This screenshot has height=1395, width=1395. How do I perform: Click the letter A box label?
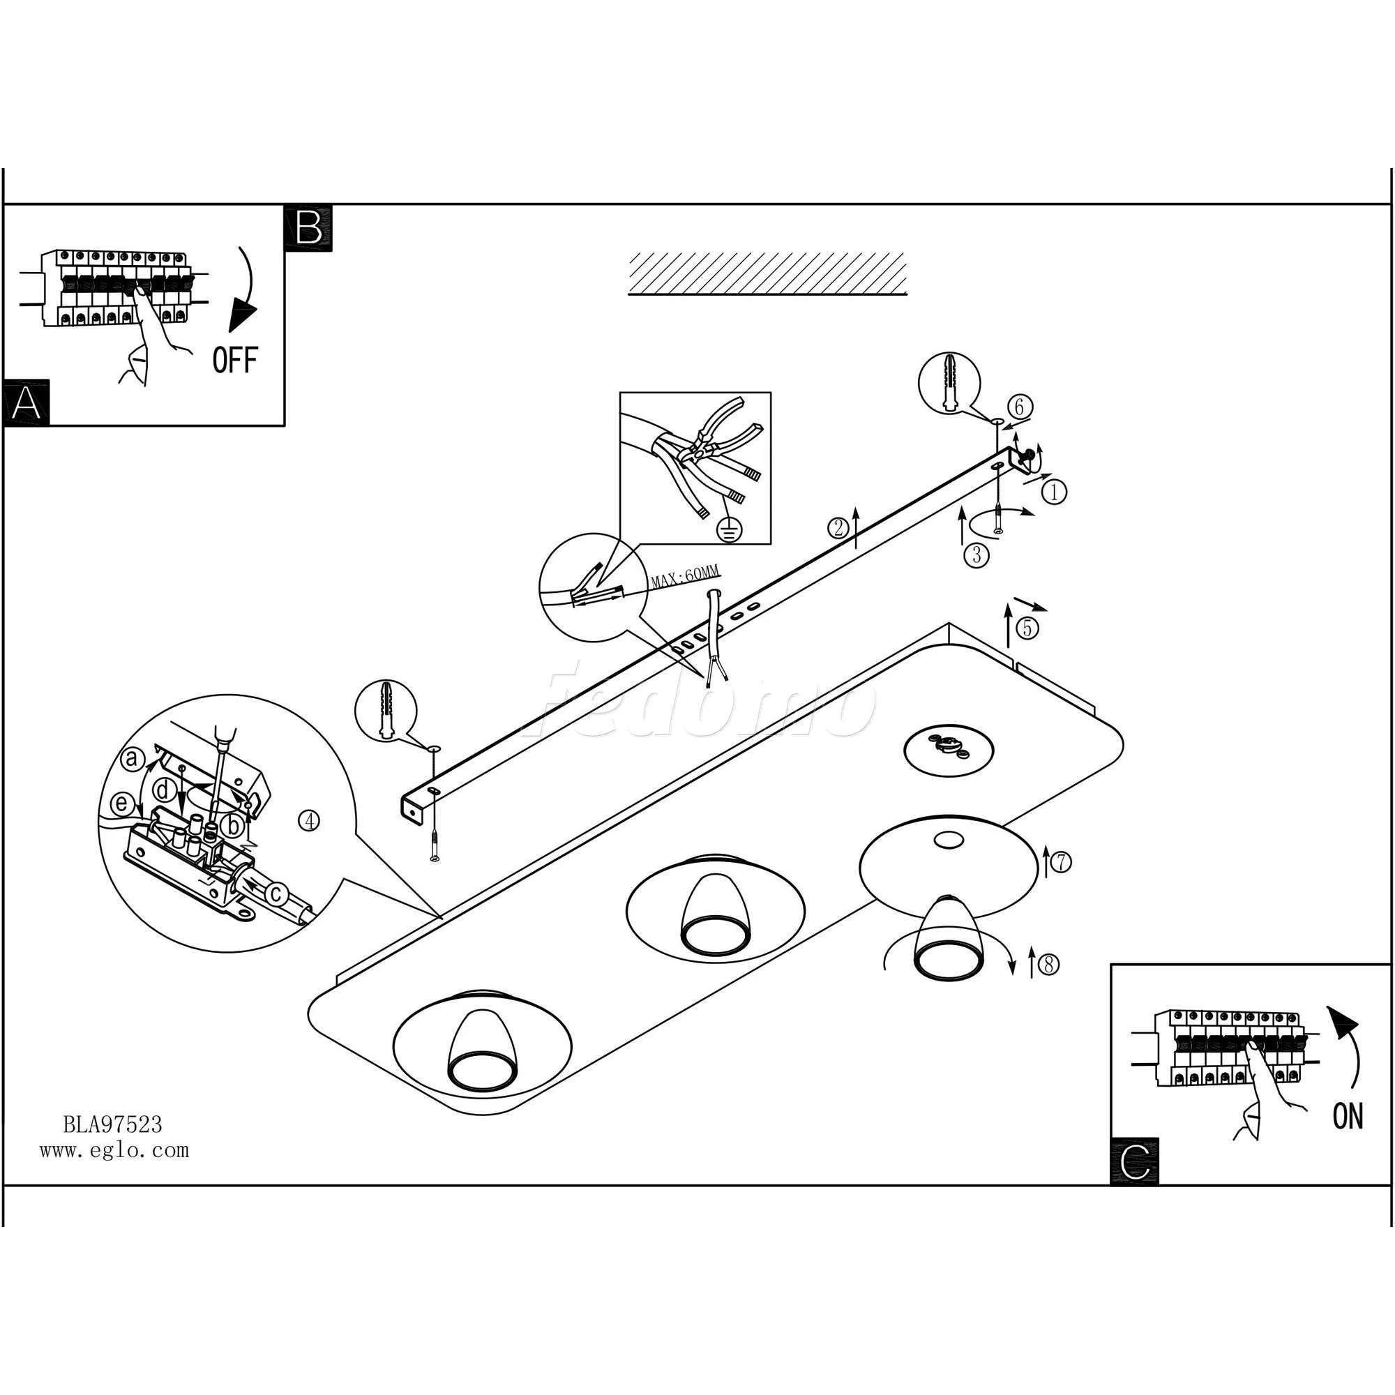click(27, 403)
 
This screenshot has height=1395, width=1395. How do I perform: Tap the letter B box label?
click(309, 227)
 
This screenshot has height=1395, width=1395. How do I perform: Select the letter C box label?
click(1134, 1161)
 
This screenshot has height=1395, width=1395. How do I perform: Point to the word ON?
click(1348, 1115)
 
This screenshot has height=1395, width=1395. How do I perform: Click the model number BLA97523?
click(112, 1124)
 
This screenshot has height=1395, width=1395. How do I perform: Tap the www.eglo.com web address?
click(114, 1149)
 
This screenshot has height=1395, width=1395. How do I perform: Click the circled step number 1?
click(1054, 492)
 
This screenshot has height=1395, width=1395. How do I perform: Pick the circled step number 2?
click(838, 528)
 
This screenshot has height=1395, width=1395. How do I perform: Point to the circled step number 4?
click(309, 821)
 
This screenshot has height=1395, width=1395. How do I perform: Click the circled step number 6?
click(1019, 407)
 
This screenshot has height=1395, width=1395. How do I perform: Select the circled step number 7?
click(1060, 862)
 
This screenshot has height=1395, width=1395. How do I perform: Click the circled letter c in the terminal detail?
click(274, 894)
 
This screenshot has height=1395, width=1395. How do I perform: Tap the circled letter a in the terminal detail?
click(131, 758)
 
